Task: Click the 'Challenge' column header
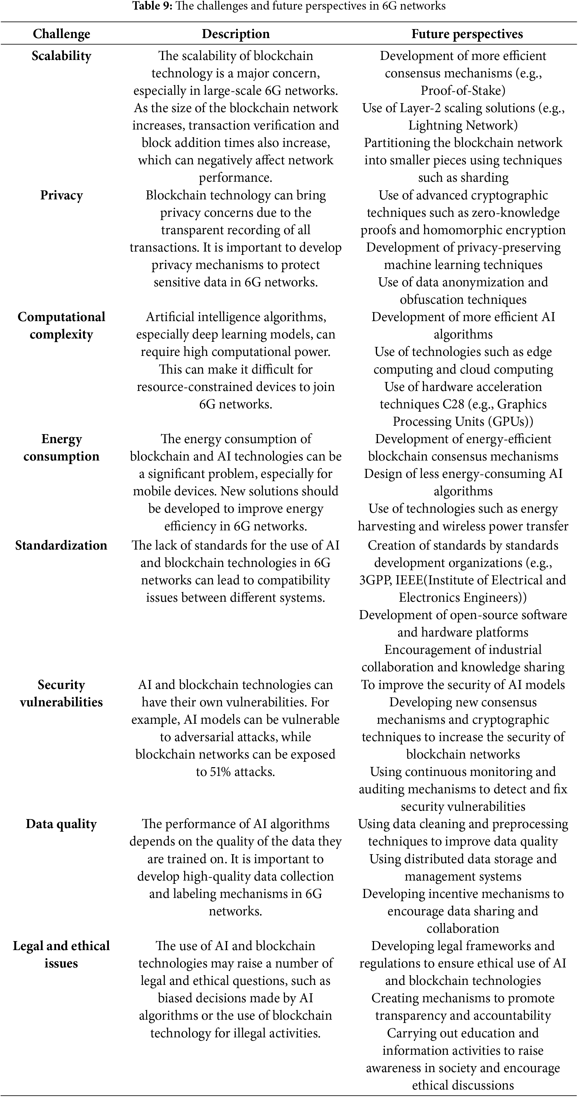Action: (x=61, y=34)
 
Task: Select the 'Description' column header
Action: (x=235, y=34)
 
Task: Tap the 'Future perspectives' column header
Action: (x=467, y=34)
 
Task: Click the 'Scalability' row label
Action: (x=61, y=56)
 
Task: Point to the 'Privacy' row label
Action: (x=61, y=195)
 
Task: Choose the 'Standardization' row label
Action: (x=61, y=545)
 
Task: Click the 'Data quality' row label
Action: (x=61, y=824)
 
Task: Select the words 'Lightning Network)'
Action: (x=463, y=125)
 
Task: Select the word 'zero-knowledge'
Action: (x=518, y=213)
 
